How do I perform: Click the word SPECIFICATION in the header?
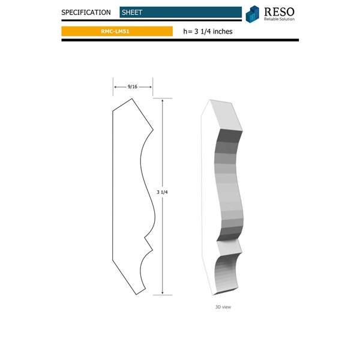(x=86, y=12)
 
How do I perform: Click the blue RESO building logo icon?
(x=253, y=13)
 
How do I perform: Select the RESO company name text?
(x=280, y=10)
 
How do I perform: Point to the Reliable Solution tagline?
(x=280, y=19)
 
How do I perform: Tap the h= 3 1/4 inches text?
(x=207, y=31)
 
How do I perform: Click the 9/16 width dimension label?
(x=133, y=87)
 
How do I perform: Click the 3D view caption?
(x=223, y=307)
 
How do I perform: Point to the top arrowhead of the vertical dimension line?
(x=162, y=101)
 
